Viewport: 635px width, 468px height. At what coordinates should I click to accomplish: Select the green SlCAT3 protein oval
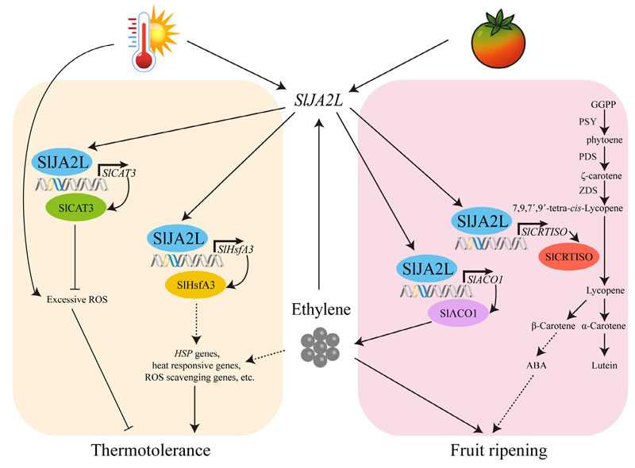[x=74, y=209]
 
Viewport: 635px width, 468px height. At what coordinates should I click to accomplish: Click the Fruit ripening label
[x=497, y=450]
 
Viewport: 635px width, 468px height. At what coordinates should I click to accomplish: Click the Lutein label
[x=605, y=366]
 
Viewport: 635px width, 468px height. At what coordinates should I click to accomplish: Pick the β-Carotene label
[x=552, y=326]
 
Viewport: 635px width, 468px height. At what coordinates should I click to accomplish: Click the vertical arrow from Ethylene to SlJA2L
[x=318, y=206]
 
